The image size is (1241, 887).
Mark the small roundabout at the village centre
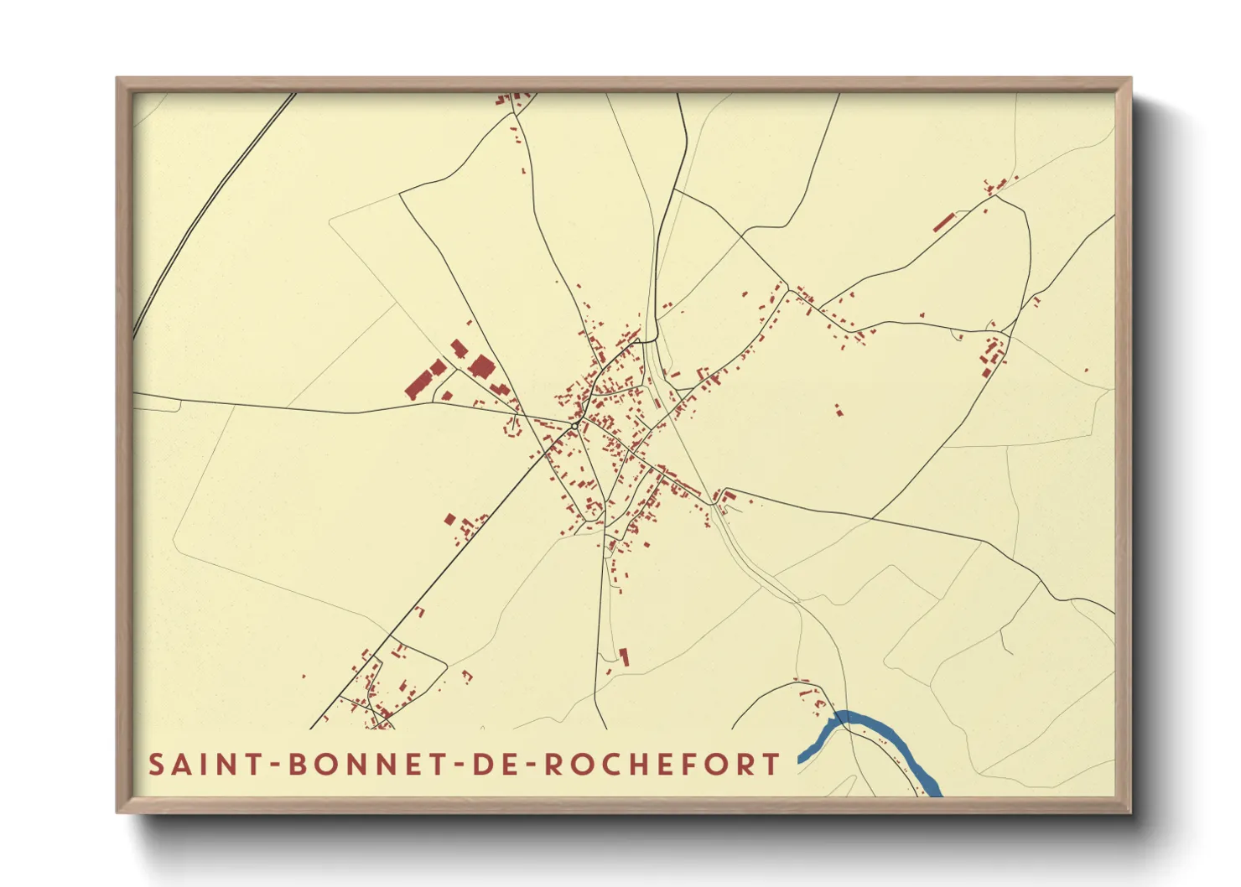pyautogui.click(x=574, y=427)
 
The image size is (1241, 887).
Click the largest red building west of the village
pyautogui.click(x=417, y=385)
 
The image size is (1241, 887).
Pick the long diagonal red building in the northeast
pyautogui.click(x=944, y=222)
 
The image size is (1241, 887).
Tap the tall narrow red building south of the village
pyautogui.click(x=624, y=656)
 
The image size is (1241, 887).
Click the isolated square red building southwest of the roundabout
pyautogui.click(x=449, y=520)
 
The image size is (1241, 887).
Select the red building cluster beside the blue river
pyautogui.click(x=812, y=696)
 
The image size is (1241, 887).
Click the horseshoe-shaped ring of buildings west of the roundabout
pyautogui.click(x=511, y=427)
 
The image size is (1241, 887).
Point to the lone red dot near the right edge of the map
pyautogui.click(x=1086, y=370)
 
